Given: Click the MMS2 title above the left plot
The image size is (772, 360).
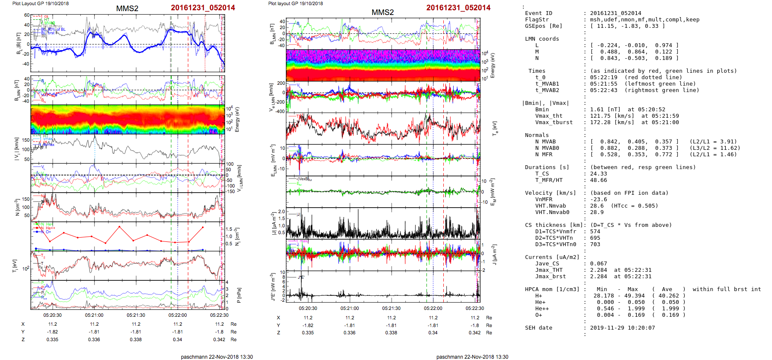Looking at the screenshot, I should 127,9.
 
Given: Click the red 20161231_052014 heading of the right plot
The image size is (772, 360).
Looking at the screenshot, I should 458,8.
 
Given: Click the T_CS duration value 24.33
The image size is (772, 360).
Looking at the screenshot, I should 598,174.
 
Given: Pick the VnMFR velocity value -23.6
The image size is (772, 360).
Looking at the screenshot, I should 598,199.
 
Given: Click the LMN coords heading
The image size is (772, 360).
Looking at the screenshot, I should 542,39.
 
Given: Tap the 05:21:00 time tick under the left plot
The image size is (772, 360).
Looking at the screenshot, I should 94,315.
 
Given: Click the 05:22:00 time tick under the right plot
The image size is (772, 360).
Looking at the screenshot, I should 433,308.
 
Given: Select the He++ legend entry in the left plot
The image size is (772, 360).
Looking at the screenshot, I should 50,228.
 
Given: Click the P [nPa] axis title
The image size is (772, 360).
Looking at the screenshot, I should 239,295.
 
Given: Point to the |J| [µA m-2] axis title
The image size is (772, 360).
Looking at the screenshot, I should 272,223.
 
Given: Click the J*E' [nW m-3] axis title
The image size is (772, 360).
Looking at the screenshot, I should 273,287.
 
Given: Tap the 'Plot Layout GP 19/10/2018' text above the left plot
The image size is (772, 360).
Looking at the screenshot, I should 40,3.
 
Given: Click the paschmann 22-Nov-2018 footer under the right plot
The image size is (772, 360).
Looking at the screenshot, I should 472,357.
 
